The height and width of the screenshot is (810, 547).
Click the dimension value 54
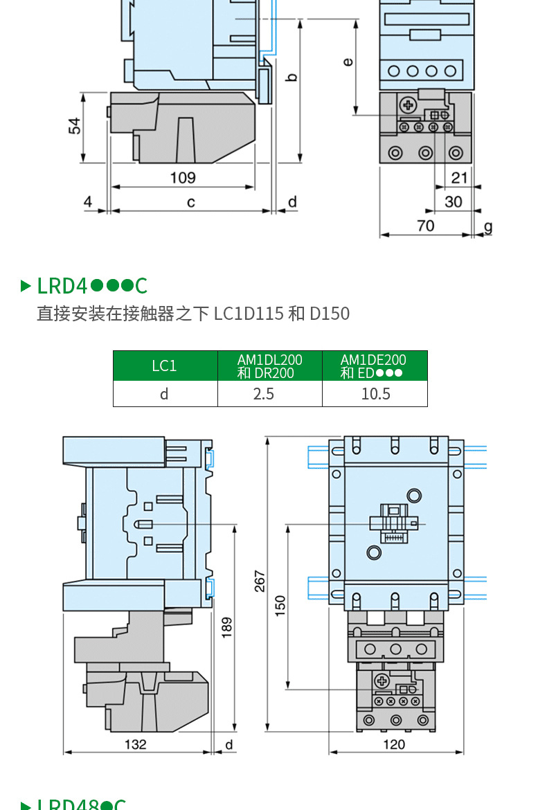point(75,126)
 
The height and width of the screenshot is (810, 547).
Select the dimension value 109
point(183,178)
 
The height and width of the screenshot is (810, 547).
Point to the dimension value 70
point(426,226)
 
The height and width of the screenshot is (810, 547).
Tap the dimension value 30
point(454,201)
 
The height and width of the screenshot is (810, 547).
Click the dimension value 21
point(459,178)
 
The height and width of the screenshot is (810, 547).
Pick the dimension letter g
point(488,226)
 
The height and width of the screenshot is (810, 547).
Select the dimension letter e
point(348,62)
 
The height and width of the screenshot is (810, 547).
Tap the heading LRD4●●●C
point(92,285)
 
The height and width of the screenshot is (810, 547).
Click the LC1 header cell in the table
point(165,366)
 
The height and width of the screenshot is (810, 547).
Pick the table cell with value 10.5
point(375,394)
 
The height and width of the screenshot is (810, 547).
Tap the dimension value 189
point(226,627)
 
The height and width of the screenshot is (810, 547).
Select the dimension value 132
point(136,744)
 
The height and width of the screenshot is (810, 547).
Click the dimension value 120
point(393,744)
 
